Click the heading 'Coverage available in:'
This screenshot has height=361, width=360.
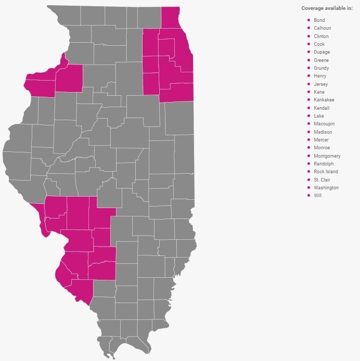[327, 8]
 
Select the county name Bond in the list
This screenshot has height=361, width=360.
[319, 20]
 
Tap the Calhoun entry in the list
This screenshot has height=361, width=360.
[322, 28]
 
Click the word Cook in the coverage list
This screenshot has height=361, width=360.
[319, 44]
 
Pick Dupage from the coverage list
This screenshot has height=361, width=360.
[322, 52]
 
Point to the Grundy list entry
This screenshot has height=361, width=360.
[321, 68]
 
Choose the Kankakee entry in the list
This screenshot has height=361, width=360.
[324, 100]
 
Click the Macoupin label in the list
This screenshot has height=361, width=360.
[324, 124]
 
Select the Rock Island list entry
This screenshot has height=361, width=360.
[326, 172]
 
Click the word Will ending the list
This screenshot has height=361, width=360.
[317, 196]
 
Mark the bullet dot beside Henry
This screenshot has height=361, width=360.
[309, 76]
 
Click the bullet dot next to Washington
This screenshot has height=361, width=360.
[309, 187]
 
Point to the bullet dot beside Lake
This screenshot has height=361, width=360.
[309, 116]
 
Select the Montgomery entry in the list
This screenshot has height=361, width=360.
[327, 156]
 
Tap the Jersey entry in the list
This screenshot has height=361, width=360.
[320, 84]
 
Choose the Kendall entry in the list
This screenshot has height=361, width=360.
[322, 108]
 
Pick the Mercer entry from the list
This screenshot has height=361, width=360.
[321, 140]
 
